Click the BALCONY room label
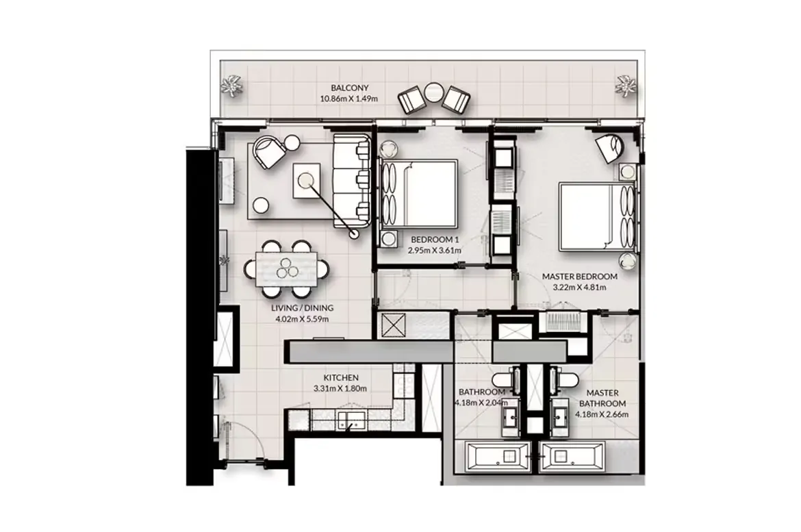coord(349,88)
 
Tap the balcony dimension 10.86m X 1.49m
coord(349,99)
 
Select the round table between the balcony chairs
coord(434,92)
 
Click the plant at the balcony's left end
coord(233,86)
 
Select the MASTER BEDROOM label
coord(580,277)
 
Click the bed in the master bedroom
coord(598,217)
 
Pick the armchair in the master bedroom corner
coord(610,147)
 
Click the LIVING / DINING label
coord(302,308)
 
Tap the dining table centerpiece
coord(286,268)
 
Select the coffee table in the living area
coord(307,180)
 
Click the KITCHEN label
coord(341,378)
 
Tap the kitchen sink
coord(351,420)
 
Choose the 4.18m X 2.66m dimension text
coord(602,414)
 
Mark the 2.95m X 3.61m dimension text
coord(435,251)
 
